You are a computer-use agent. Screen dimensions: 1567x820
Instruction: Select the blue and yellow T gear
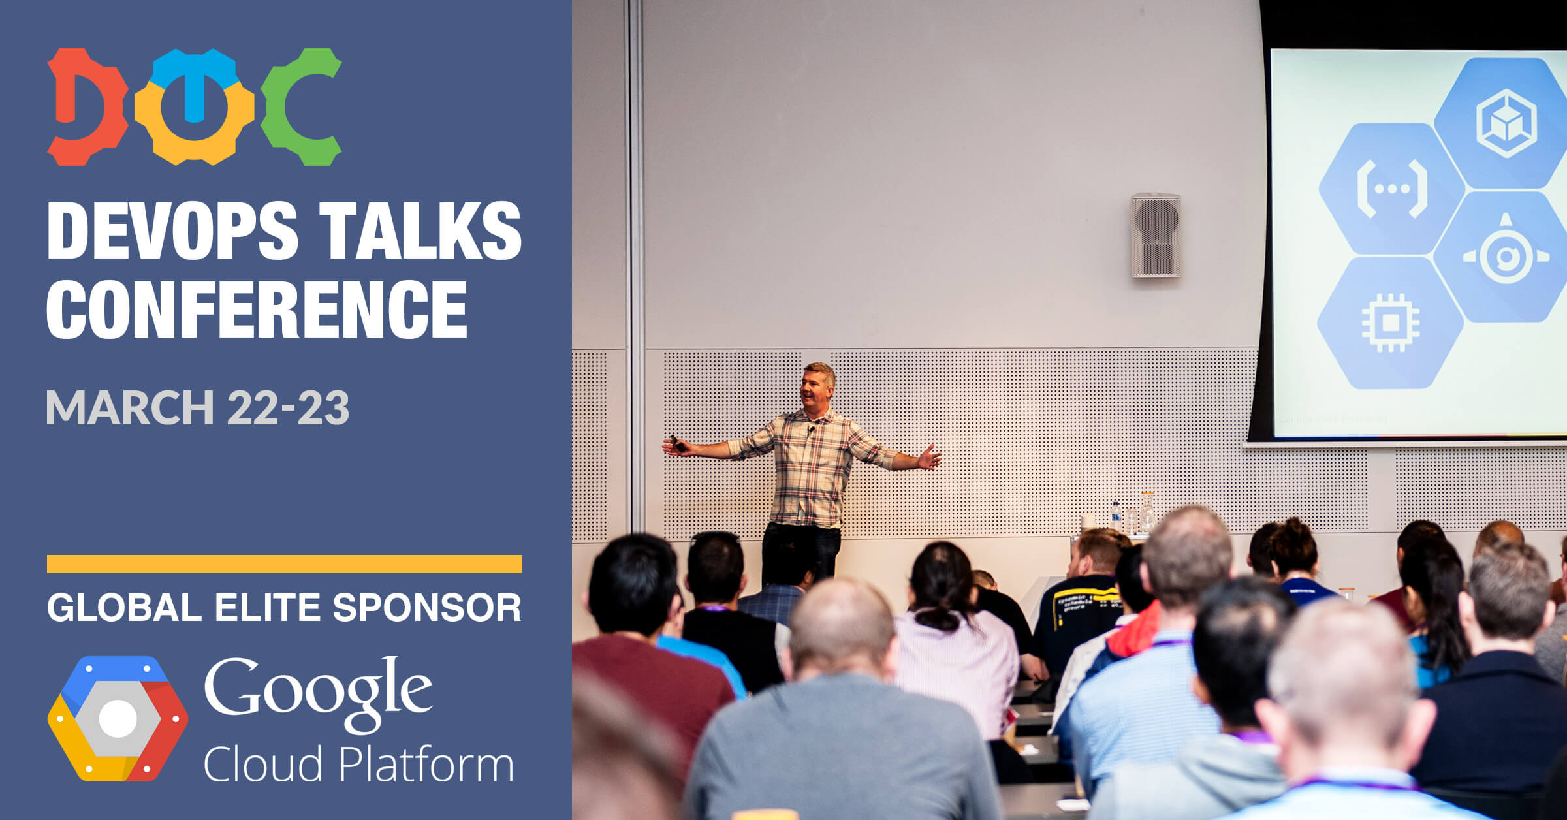tap(195, 106)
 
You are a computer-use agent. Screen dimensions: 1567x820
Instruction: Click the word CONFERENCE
tap(257, 309)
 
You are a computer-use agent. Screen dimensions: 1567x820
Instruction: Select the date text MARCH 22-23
tap(198, 408)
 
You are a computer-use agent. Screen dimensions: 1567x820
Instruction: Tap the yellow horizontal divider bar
tap(285, 564)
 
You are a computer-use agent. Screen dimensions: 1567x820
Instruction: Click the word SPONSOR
tap(427, 608)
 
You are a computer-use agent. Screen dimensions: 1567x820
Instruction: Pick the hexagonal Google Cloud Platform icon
tap(118, 718)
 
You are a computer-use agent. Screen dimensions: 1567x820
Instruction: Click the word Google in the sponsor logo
tap(319, 693)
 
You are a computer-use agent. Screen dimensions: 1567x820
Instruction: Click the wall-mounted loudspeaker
tap(1156, 235)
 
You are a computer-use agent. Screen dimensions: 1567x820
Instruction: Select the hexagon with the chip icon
tap(1390, 323)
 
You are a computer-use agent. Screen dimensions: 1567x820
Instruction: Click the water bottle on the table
tap(1116, 517)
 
